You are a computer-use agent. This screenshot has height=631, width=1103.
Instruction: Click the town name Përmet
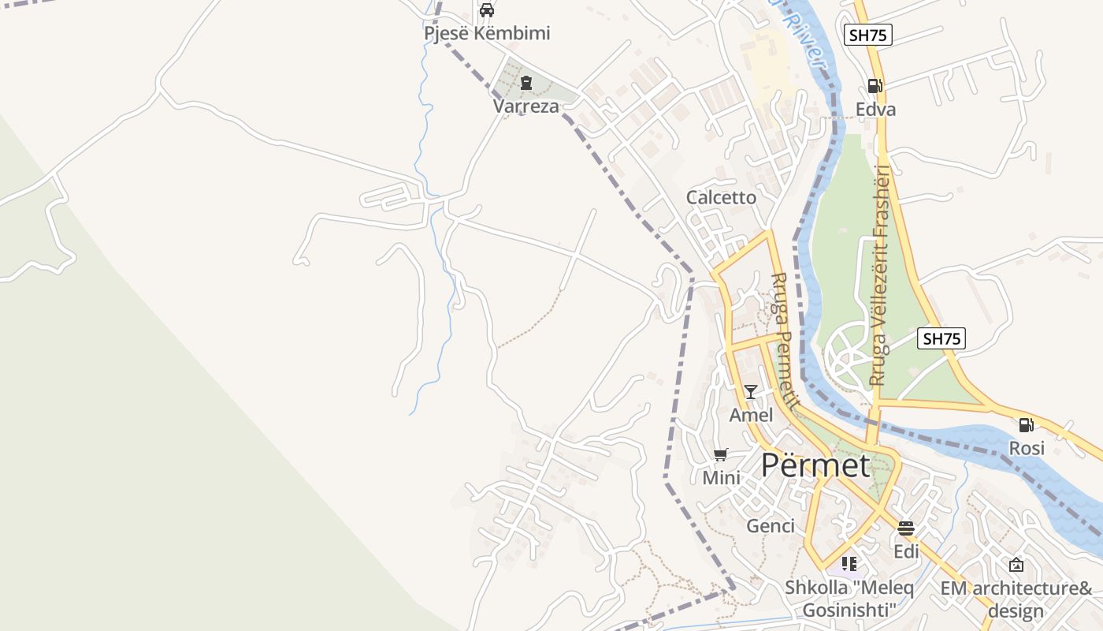pos(815,465)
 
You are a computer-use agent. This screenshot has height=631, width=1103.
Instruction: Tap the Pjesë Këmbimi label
pos(487,33)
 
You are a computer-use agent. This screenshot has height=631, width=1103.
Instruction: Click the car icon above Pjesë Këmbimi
pos(487,10)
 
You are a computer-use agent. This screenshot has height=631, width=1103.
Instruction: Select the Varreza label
pos(526,106)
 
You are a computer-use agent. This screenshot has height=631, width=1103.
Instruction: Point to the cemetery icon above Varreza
pos(526,83)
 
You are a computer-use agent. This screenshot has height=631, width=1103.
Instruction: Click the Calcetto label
pos(721,197)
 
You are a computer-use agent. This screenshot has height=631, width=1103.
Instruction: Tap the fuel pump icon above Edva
pos(875,86)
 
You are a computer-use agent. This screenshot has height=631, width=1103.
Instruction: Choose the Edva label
pos(875,109)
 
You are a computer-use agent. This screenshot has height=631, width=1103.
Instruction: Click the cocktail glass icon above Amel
pos(751,392)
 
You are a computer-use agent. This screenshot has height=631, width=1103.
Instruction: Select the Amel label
pos(751,415)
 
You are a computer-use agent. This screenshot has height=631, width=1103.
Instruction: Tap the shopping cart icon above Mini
pos(720,454)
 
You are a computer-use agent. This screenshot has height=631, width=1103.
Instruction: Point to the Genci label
pos(770,525)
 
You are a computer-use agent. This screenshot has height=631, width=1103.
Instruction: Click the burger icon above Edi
pos(906,528)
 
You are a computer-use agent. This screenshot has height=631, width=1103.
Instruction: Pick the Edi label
pos(906,551)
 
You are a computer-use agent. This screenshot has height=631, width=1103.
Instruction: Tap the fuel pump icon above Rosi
pos(1026,425)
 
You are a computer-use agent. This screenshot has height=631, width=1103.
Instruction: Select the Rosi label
pos(1027,448)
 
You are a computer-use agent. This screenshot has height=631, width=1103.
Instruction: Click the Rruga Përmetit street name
pos(783,339)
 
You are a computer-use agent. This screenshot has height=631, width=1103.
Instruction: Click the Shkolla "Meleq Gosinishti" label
pos(849,599)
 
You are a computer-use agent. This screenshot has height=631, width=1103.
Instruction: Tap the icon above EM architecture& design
pos(1016,565)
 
